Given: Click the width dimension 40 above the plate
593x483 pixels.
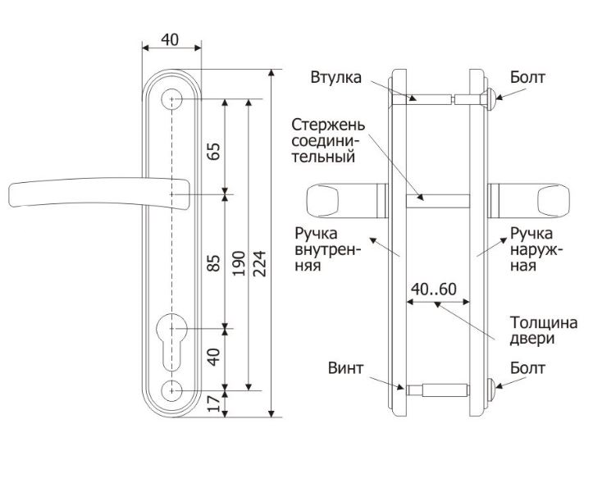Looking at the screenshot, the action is pos(170,39).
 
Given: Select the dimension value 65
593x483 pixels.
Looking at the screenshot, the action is pos(214,152).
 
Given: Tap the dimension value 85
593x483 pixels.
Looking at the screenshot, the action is pos(214,263).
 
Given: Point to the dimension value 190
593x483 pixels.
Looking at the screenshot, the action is pos(239,263).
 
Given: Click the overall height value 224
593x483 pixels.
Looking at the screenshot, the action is pos(259,263).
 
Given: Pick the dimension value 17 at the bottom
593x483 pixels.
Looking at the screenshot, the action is pos(214,403).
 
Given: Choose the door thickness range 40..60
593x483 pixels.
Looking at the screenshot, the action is pos(434,289).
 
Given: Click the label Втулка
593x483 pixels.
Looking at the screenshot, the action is pos(336,78).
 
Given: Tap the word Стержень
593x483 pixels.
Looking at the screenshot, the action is pos(328,125).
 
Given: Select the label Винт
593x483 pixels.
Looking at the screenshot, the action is pos(345,368).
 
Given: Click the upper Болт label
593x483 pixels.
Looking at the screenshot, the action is pos(527,78).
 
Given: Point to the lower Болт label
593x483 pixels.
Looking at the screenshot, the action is pos(527,368).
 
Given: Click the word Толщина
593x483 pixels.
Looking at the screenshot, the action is pos(544,323).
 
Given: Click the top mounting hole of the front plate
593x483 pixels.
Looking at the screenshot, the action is pos(171,99).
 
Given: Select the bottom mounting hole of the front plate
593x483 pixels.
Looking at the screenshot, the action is pos(171,390).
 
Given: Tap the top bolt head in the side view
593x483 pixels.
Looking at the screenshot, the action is pos(490,99).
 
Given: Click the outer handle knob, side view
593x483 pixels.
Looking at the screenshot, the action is pos(554,201).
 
